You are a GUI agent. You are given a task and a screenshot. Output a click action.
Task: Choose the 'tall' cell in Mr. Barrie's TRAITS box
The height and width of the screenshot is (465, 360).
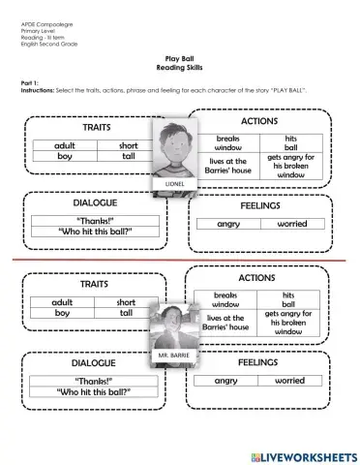(x=126, y=313)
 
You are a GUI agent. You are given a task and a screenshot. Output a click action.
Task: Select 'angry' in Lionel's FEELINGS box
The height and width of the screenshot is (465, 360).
(x=227, y=224)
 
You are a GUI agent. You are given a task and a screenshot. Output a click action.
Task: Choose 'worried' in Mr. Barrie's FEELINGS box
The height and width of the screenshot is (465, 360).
(x=289, y=381)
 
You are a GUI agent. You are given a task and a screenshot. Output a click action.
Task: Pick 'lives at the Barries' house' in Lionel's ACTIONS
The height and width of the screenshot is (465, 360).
(x=226, y=166)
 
